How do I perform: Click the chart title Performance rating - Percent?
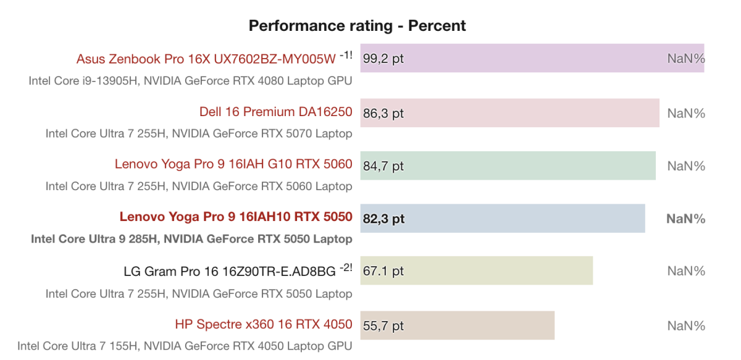pos(357,26)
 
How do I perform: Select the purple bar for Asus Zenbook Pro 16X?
pos(531,58)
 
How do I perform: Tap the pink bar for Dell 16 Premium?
pos(509,112)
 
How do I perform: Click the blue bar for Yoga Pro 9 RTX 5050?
pos(503,218)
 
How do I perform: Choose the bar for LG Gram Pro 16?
pos(476,270)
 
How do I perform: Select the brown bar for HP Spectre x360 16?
pos(457,325)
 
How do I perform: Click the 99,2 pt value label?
pos(383,59)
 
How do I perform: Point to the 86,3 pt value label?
pos(383,113)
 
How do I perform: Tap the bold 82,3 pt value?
pos(384,219)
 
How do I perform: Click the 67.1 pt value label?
pos(383,271)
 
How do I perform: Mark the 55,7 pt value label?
pos(383,325)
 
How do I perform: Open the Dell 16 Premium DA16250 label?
pos(275,112)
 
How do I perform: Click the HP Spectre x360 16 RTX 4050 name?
pos(264,324)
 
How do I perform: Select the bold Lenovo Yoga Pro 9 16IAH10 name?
pos(236,217)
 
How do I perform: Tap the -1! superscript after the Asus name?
pos(346,55)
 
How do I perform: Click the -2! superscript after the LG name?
pos(346,267)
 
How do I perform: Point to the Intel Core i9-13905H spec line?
pos(190,80)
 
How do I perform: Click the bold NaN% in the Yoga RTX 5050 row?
pos(685,219)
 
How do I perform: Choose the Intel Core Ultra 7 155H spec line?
pos(185,346)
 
